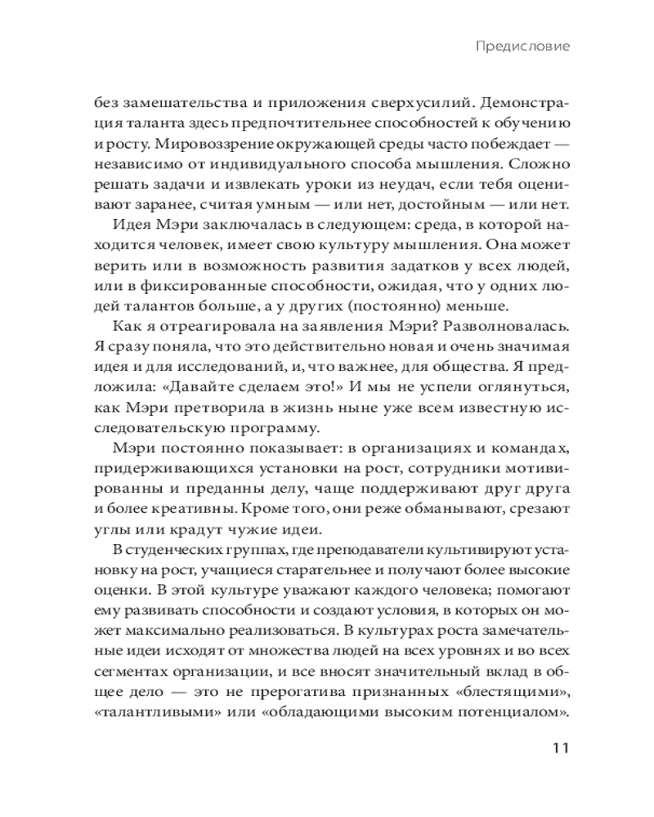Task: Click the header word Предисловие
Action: click(522, 47)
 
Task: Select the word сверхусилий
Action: click(386, 104)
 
